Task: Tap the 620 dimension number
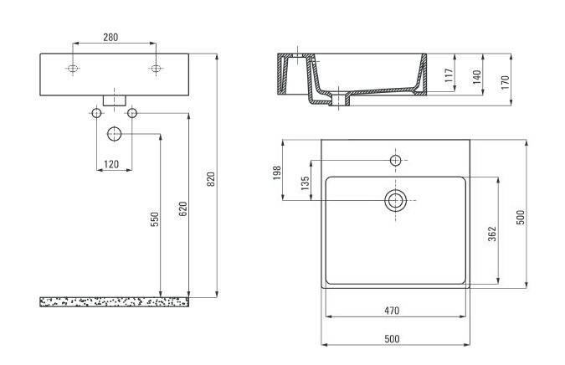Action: pos(183,209)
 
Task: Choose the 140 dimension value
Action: pos(476,78)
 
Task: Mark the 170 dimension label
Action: pos(505,81)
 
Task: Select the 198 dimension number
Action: pos(277,172)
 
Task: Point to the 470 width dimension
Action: pos(392,311)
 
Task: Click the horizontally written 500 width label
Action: pos(392,338)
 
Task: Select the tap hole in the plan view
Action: pos(395,158)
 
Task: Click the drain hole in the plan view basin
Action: pos(395,199)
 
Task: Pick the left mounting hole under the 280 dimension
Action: pos(74,68)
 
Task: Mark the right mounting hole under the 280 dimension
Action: pos(154,68)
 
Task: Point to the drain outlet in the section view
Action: pos(340,101)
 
